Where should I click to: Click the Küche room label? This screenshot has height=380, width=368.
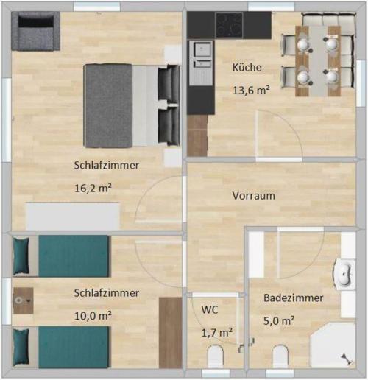247,68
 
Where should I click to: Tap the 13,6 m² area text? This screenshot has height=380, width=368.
251,91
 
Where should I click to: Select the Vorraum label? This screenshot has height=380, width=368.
253,196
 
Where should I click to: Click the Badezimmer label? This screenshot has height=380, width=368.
293,298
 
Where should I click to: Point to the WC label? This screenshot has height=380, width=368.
210,310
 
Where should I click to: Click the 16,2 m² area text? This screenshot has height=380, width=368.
93,189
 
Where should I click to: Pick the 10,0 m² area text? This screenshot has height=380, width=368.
93,316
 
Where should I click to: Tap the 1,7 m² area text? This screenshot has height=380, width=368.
217,333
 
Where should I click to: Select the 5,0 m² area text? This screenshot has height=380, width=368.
279,320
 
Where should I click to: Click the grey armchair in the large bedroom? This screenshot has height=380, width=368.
35,31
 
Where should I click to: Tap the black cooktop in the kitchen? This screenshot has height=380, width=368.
229,25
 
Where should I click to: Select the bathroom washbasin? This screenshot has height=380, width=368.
344,274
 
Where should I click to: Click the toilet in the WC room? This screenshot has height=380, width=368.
216,356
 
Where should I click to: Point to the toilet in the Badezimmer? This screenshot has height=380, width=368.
280,356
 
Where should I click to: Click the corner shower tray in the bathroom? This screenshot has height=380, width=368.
333,346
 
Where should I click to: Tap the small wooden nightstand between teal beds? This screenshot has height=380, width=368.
24,300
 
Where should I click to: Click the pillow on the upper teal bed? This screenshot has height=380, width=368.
21,256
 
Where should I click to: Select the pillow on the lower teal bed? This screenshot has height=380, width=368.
21,347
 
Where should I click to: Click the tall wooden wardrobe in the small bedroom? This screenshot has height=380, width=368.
170,333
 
